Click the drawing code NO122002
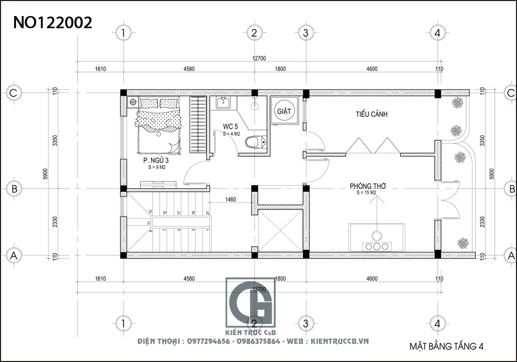coord(53,22)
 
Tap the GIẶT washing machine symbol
coord(284,111)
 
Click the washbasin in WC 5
coord(223,102)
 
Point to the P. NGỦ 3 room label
coord(156,161)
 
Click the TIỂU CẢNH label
coord(371,114)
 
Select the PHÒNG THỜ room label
coord(368,186)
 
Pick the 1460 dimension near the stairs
coord(231,199)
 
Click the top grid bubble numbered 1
coord(123,33)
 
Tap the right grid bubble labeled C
coord(511,93)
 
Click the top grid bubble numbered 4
coord(437,33)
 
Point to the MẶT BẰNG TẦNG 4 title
coord(446,345)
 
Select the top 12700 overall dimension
coord(259,58)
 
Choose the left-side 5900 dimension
coord(45,174)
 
